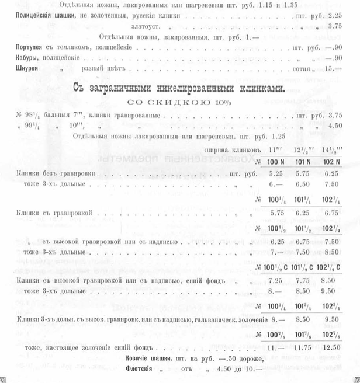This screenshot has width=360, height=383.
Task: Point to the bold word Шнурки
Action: (23, 68)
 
